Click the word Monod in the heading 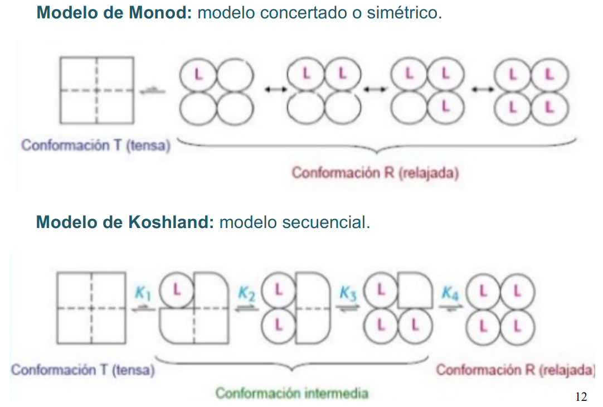161,12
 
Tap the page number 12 580,397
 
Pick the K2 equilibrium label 246,292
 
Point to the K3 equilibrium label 349,292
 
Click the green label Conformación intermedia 292,394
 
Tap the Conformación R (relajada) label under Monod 375,173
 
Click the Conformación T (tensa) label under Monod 95,146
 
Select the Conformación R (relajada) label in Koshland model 516,370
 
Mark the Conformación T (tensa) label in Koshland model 82,370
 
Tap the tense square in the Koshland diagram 91,308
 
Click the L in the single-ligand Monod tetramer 198,74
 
